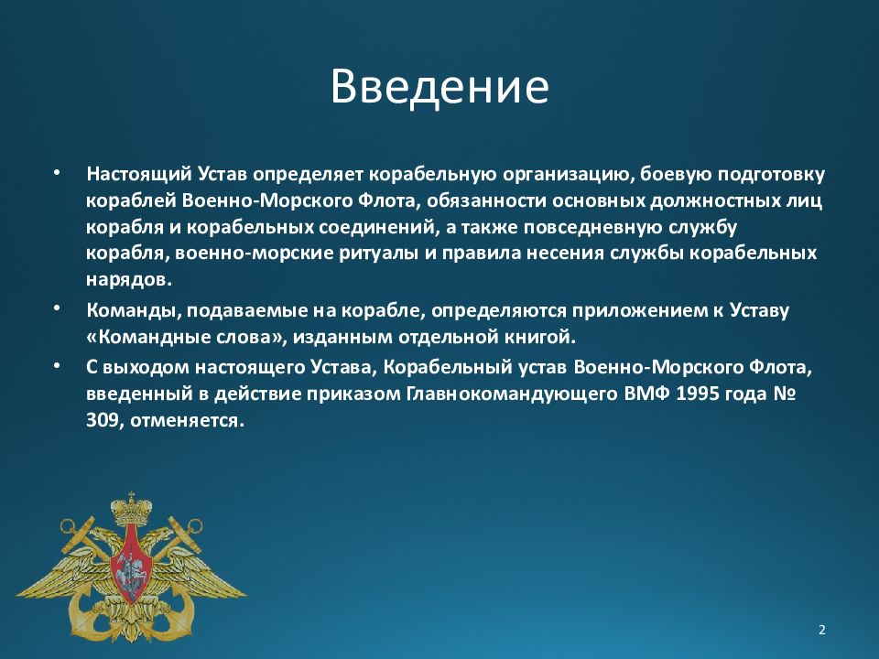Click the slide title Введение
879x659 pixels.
439,86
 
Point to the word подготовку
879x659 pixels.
771,175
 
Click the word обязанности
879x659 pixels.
486,200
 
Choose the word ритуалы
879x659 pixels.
379,254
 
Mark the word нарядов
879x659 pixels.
129,280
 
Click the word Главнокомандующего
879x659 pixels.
511,394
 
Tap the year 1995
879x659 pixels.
698,394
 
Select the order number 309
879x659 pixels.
103,420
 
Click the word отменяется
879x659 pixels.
187,420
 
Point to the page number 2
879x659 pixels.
822,630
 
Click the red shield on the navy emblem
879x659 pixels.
131,563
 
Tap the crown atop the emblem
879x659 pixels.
131,509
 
